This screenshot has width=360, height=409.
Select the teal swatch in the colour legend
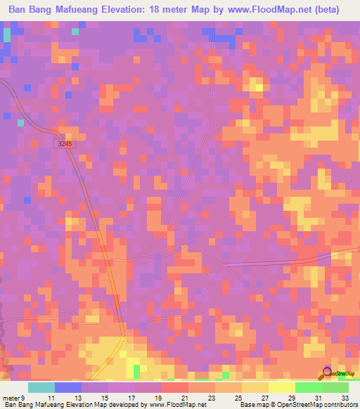point(41,387)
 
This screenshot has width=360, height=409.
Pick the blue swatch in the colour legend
point(68,387)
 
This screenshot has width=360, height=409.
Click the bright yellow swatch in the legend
point(281,387)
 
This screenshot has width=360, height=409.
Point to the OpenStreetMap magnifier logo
point(328,374)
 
